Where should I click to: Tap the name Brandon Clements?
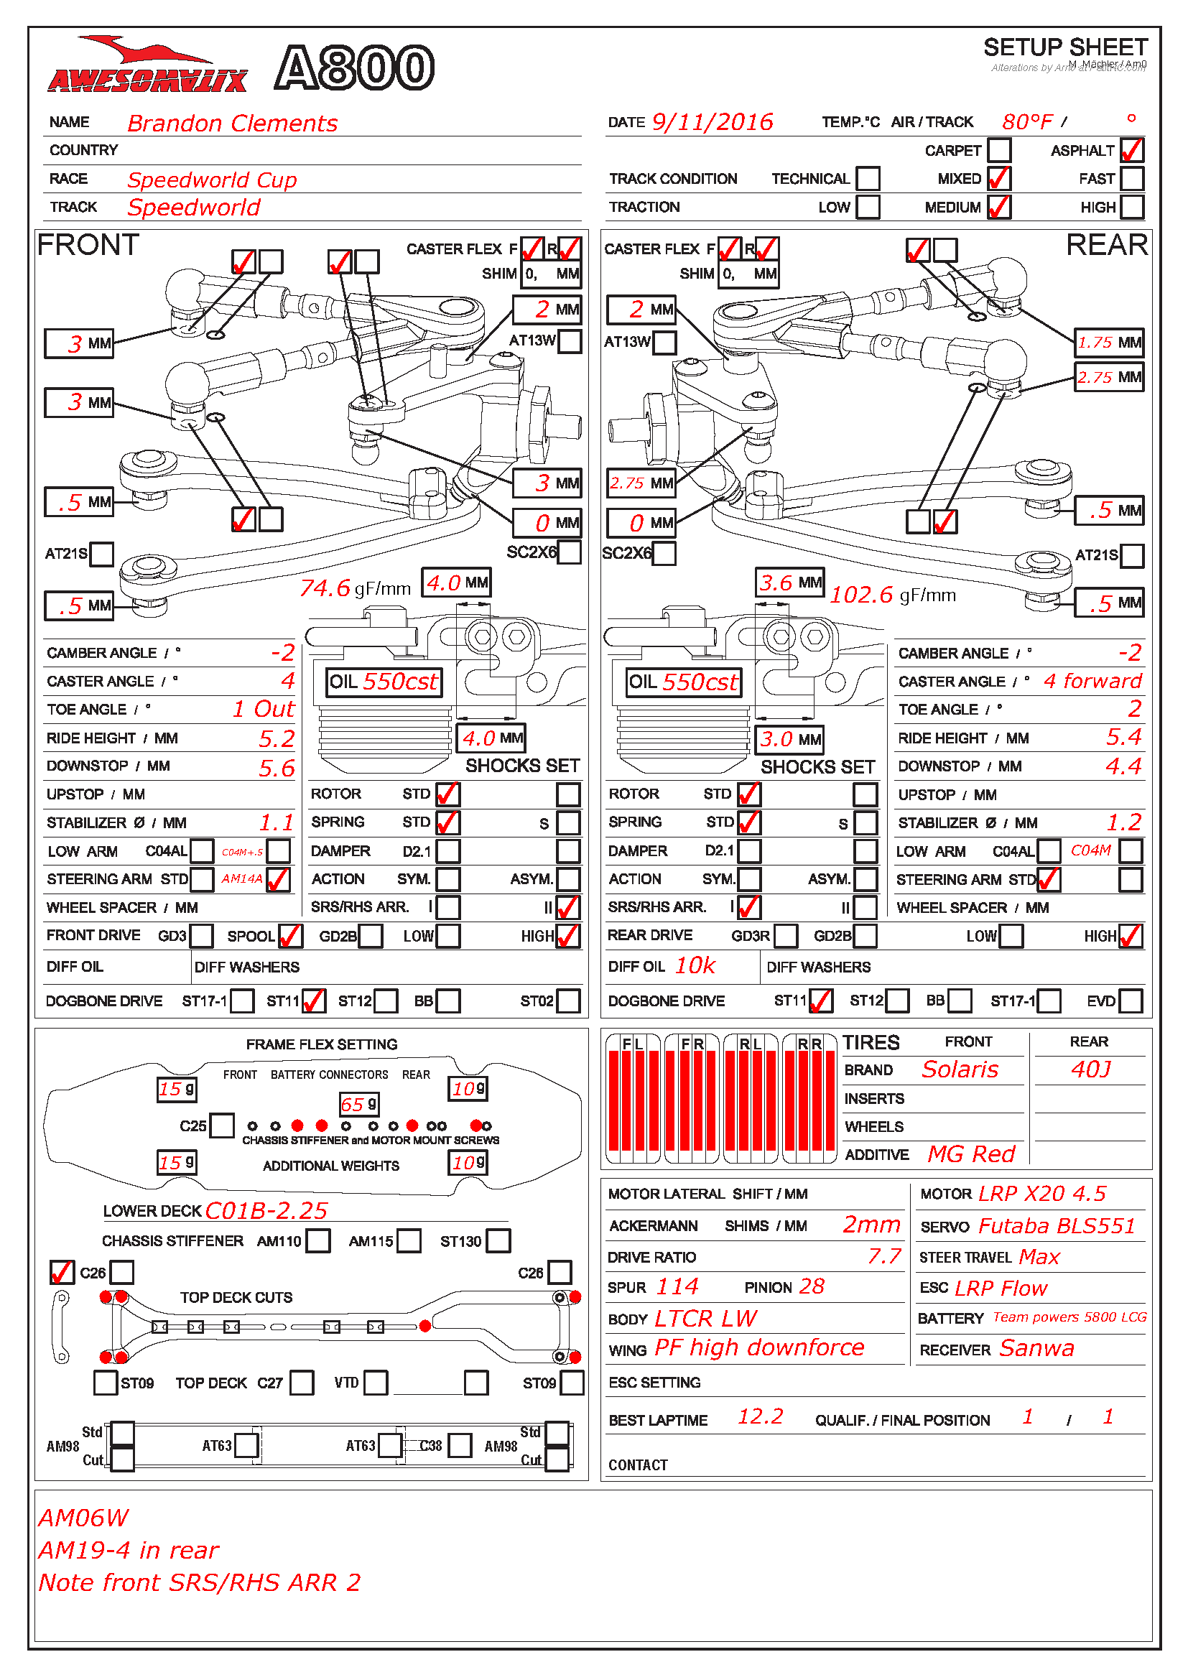(232, 123)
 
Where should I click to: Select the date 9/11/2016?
(712, 121)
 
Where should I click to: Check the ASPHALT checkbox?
(1131, 150)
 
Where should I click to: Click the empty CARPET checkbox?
(998, 150)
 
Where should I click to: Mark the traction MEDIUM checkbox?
(998, 207)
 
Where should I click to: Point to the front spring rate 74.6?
(325, 588)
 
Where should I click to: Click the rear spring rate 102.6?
(861, 595)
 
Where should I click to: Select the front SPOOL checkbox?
(290, 936)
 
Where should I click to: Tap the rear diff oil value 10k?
(695, 966)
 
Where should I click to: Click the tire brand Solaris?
(959, 1069)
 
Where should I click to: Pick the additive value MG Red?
(971, 1154)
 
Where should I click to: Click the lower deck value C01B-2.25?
(266, 1211)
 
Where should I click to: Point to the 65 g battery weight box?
(358, 1104)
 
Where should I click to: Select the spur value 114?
(677, 1286)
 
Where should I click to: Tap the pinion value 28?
(811, 1286)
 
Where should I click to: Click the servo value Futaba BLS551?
(1057, 1226)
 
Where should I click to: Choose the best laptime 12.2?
(759, 1416)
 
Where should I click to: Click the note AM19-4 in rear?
(129, 1551)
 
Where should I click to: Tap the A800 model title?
(355, 68)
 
